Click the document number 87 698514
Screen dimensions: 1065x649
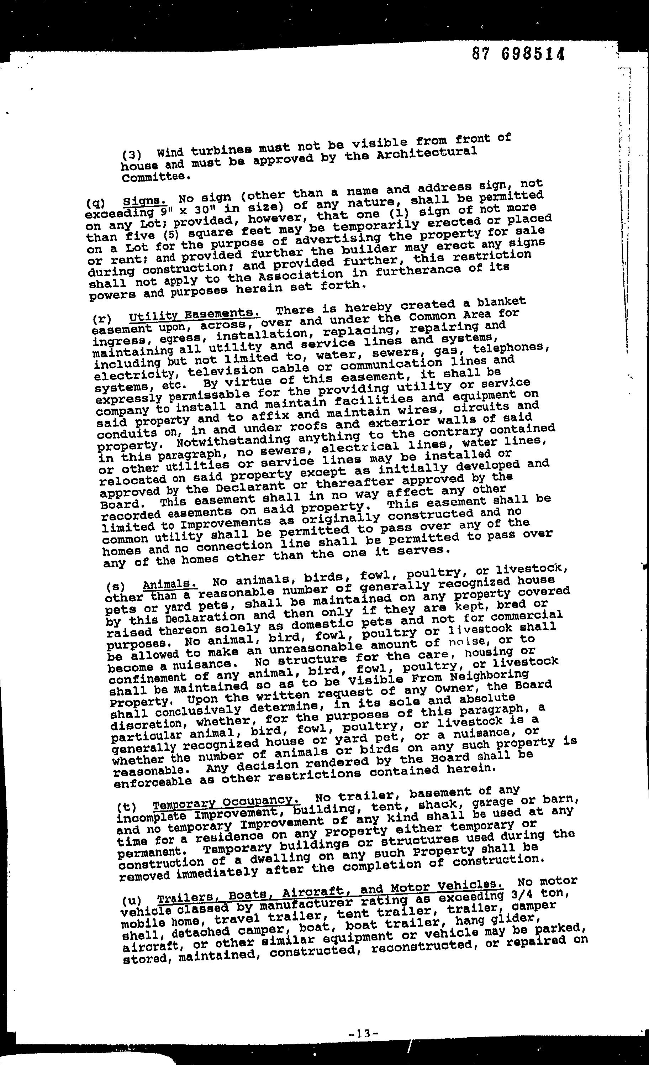click(518, 54)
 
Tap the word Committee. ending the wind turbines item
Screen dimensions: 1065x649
click(156, 177)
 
